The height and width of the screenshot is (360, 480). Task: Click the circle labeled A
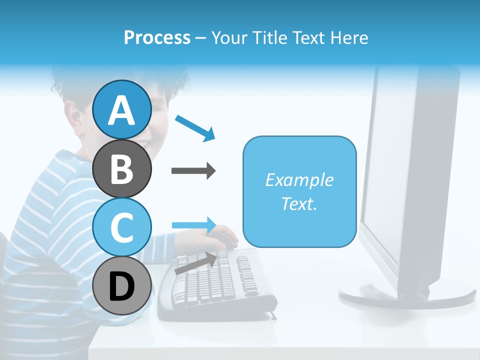[x=121, y=110]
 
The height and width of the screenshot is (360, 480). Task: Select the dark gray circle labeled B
[x=121, y=168]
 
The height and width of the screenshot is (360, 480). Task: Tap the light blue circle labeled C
[x=121, y=227]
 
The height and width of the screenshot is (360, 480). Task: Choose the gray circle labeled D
[x=121, y=286]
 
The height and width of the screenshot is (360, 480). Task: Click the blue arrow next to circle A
[x=195, y=128]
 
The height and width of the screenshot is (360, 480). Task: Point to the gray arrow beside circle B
[x=193, y=171]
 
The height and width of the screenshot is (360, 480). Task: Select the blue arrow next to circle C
[x=194, y=224]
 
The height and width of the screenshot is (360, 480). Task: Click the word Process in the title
[x=157, y=37]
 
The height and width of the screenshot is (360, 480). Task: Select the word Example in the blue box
[x=299, y=180]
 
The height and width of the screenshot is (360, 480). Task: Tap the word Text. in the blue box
[x=299, y=203]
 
